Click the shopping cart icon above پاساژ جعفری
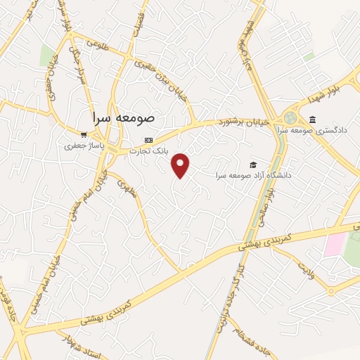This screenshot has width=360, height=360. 84,135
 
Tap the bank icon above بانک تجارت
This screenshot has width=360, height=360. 148,139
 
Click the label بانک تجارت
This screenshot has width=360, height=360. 148,150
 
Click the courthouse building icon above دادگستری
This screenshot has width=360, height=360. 312,118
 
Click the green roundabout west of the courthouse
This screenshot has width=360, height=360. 290,117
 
